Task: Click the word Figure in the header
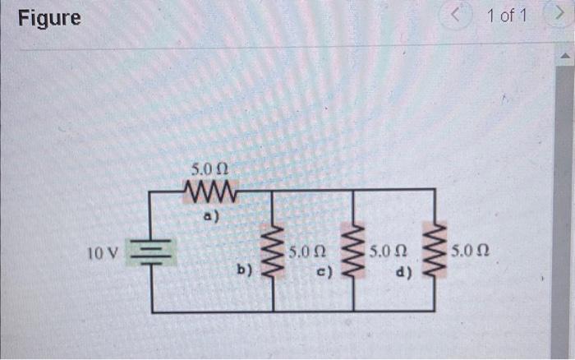50,17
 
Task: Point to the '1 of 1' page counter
508,16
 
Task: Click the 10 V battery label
102,251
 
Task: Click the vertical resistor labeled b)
273,251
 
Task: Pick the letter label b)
244,269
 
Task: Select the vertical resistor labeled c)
352,251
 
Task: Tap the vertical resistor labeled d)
434,251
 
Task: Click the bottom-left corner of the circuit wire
151,312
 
